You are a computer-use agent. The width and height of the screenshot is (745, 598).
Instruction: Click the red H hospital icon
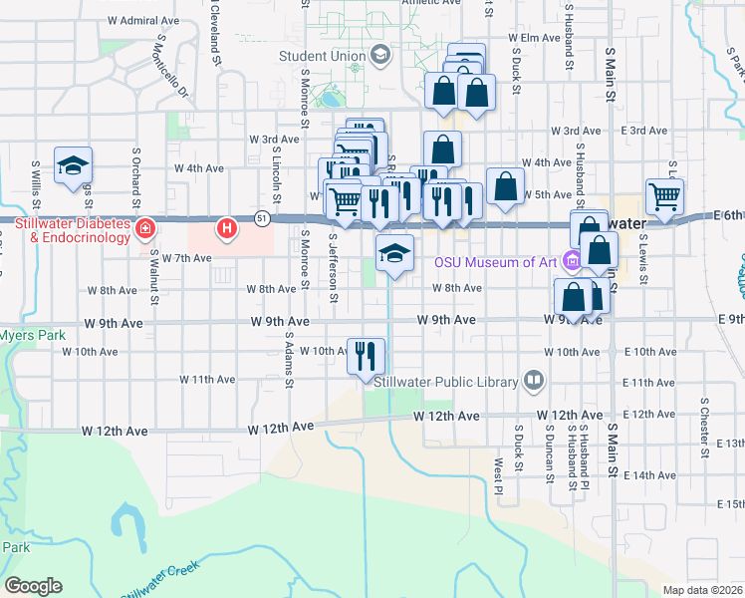(227, 229)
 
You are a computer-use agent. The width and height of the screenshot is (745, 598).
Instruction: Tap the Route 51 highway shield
(262, 216)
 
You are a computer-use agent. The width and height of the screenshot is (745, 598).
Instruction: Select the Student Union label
(322, 56)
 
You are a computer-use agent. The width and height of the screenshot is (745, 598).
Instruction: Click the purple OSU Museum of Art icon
(571, 263)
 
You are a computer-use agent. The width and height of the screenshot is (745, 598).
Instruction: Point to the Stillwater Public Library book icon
(535, 381)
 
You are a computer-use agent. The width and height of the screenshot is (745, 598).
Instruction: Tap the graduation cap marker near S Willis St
(74, 166)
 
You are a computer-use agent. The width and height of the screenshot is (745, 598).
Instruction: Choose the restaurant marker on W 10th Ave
(366, 355)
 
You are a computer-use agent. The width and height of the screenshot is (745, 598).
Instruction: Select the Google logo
(33, 586)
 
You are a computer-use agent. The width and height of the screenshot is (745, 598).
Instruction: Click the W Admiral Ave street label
(142, 20)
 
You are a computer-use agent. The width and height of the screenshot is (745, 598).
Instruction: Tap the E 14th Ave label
(731, 476)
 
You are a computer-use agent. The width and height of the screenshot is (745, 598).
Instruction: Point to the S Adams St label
(289, 361)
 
